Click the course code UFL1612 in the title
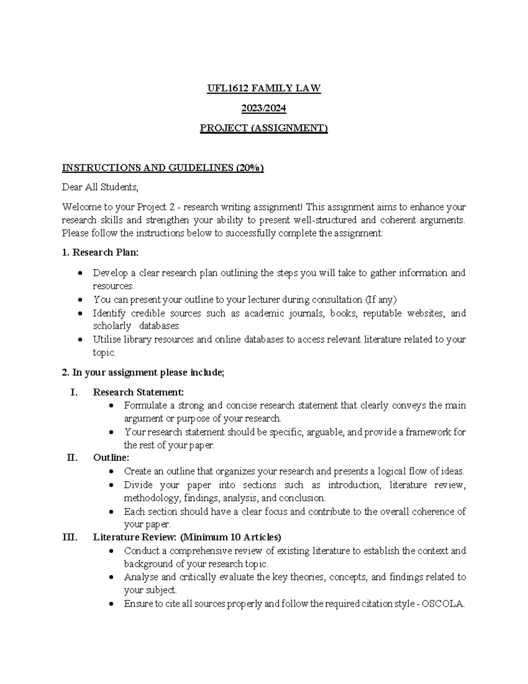[x=227, y=89]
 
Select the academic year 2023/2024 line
[x=264, y=108]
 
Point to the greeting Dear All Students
[x=100, y=187]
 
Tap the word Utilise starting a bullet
[x=106, y=340]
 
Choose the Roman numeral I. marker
[x=74, y=392]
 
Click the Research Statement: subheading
[x=138, y=392]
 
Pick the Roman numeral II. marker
[x=72, y=458]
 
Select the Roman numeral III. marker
[x=70, y=537]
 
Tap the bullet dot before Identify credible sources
[x=80, y=314]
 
